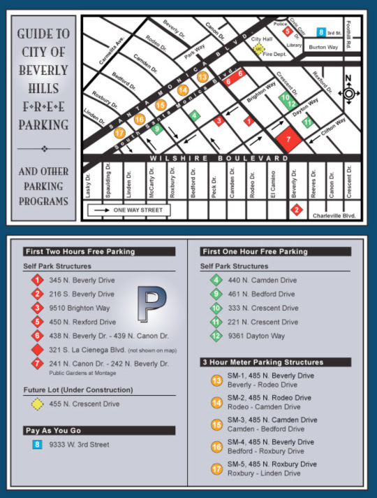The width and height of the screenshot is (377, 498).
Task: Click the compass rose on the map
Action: (x=349, y=93)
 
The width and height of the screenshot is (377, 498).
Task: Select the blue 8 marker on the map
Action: (x=320, y=32)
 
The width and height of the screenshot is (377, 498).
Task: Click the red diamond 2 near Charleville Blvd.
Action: (x=297, y=208)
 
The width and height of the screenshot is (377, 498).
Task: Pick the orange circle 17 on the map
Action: (x=120, y=133)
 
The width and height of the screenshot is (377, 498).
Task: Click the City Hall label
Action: (x=261, y=40)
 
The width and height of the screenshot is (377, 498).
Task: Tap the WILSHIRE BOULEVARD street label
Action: (x=221, y=159)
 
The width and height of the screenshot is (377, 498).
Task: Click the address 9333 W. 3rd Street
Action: (x=79, y=444)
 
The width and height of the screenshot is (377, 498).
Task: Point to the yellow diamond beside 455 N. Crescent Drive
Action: (x=36, y=404)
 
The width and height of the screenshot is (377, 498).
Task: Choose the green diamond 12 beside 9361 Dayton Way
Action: (x=216, y=336)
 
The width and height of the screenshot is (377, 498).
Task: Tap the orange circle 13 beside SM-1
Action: (x=216, y=380)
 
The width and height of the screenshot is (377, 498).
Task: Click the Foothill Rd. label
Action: (x=356, y=36)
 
